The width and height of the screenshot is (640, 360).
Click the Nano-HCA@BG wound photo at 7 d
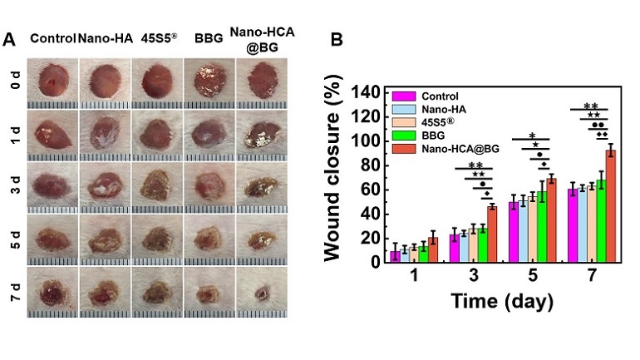click(263, 291)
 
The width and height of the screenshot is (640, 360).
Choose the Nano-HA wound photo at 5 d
click(103, 239)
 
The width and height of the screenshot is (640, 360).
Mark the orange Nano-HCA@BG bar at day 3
click(492, 234)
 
